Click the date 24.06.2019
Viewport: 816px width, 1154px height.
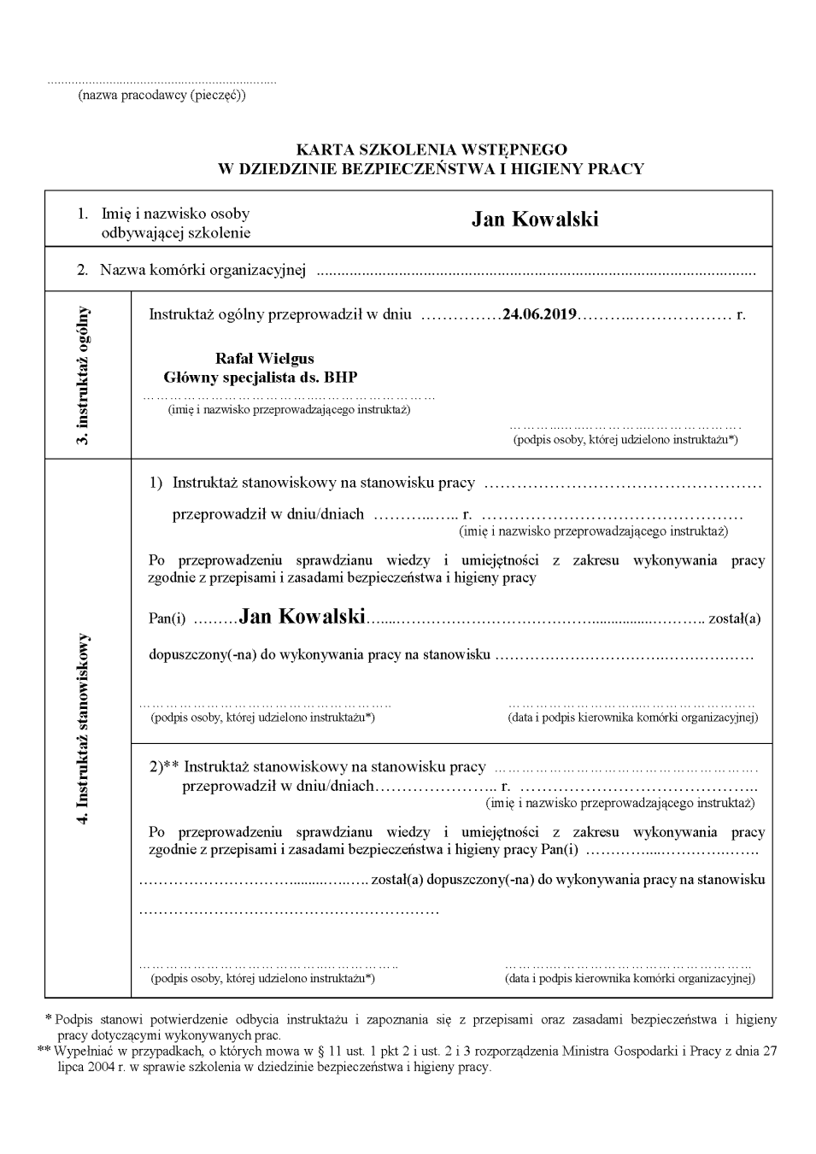539,314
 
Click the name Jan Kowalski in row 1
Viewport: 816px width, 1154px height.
535,220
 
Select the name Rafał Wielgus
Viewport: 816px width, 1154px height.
265,359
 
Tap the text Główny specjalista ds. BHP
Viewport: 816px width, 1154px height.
261,377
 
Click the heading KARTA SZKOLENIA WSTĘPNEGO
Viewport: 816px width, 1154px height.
431,150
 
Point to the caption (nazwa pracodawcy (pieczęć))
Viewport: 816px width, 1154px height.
162,95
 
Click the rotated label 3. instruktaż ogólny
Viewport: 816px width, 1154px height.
84,374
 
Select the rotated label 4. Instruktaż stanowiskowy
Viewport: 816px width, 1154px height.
84,728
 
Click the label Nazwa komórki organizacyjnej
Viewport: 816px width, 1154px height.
203,271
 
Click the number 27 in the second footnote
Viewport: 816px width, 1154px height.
769,1051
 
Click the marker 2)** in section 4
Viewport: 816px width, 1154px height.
164,767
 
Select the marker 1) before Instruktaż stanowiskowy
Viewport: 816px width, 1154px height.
156,483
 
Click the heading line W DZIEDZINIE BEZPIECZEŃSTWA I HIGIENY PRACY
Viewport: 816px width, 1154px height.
431,168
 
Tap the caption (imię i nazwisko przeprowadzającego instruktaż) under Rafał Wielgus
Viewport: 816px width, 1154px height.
289,409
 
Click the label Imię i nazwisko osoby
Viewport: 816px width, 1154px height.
176,214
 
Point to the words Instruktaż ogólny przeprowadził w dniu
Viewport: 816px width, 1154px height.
280,314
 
